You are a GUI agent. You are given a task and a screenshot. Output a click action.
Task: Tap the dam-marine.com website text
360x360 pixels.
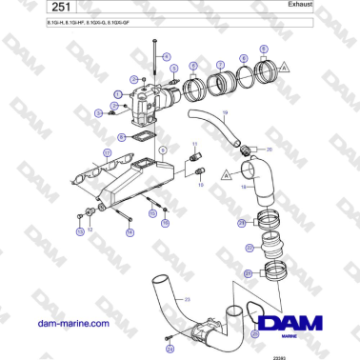[x=70, y=324]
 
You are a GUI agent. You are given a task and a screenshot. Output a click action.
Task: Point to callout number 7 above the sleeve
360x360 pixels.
[x=219, y=65]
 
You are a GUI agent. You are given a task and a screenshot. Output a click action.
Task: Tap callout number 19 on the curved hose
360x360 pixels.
[x=225, y=113]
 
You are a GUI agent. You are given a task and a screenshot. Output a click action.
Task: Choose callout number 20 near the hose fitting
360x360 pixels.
[x=269, y=150]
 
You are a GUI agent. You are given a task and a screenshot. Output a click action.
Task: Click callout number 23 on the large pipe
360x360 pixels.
[x=187, y=300]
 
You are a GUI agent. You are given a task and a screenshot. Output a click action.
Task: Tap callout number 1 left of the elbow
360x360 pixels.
[x=117, y=93]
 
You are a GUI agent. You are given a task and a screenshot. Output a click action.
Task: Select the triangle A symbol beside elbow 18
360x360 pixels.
[x=226, y=175]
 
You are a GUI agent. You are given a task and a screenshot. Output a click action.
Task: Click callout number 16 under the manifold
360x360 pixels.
[x=165, y=224]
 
